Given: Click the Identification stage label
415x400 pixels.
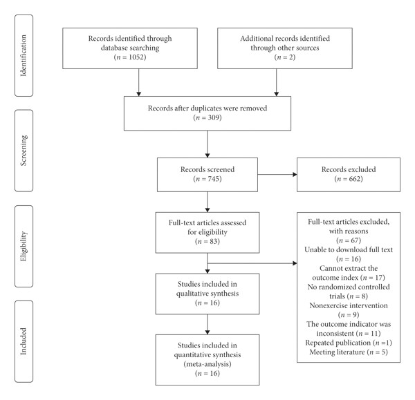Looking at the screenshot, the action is [x=24, y=55].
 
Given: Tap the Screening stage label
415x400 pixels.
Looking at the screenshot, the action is [x=24, y=151].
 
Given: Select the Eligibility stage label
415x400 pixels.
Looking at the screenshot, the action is [x=24, y=246].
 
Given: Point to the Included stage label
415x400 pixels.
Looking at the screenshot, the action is [x=24, y=341].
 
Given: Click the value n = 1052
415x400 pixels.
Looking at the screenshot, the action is [x=130, y=57].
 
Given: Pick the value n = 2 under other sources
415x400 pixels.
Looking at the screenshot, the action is [x=285, y=57].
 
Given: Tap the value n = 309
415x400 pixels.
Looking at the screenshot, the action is [x=207, y=117].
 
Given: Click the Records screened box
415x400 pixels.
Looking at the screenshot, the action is [x=207, y=175].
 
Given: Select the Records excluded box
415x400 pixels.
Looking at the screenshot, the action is [x=349, y=175].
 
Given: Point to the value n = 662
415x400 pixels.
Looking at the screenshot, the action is [x=349, y=179].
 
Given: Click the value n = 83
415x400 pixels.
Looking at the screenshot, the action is [x=207, y=241].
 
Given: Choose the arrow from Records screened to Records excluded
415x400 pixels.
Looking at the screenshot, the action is [x=277, y=175].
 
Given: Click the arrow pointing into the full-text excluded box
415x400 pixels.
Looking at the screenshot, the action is [x=252, y=263].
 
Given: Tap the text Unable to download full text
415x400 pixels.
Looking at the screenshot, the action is [x=349, y=249].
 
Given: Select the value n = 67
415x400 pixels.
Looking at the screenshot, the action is [x=349, y=240].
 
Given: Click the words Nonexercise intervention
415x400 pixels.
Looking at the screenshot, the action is [x=349, y=305].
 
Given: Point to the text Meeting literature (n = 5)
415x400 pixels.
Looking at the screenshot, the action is [x=349, y=352].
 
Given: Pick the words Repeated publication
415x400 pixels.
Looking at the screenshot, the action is [x=338, y=343].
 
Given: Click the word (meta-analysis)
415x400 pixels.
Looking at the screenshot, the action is [x=207, y=364].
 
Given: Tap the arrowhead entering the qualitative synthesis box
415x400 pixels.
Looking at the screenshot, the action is [x=207, y=272].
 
